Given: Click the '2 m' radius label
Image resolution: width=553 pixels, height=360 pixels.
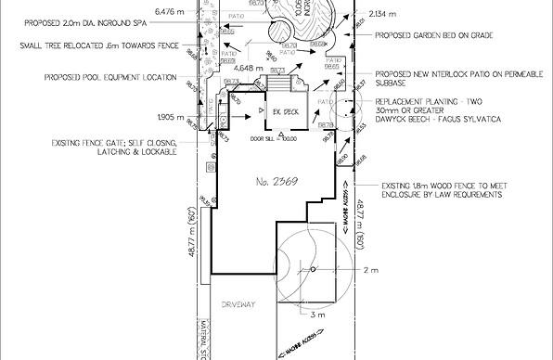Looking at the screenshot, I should tap(372, 270).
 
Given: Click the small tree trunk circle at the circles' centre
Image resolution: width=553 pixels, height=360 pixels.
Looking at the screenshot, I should tap(314, 270).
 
